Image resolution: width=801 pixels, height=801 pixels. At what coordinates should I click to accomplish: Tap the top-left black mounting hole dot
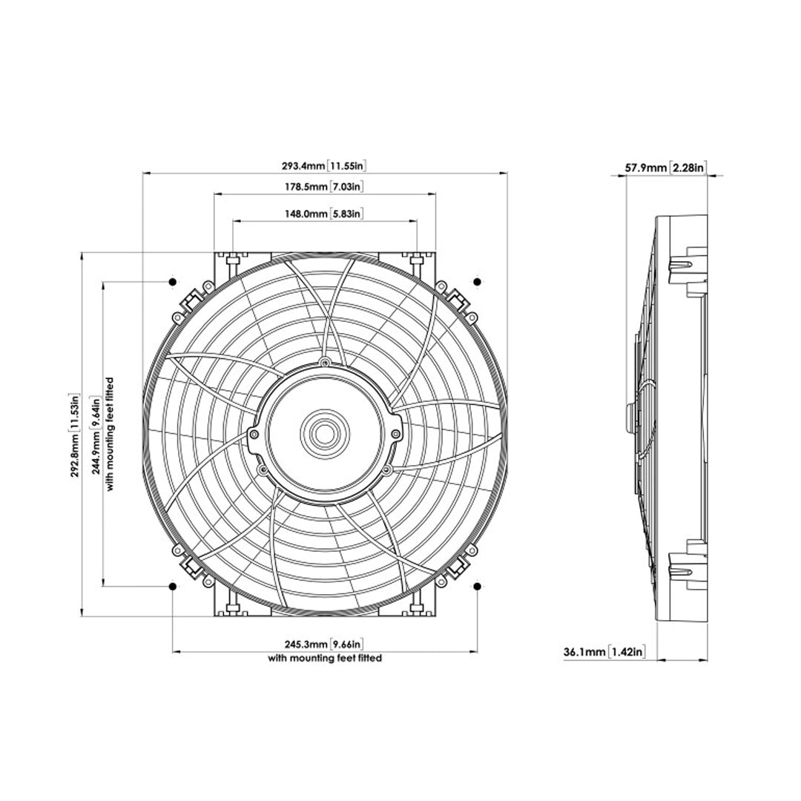172,283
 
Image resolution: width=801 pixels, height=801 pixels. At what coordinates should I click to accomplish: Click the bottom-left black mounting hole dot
172,587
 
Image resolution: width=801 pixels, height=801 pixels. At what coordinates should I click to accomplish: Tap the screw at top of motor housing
325,362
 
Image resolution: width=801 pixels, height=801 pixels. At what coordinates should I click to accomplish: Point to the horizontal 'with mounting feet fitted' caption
325,658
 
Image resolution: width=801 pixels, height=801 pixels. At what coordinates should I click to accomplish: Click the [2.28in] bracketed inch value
688,168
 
